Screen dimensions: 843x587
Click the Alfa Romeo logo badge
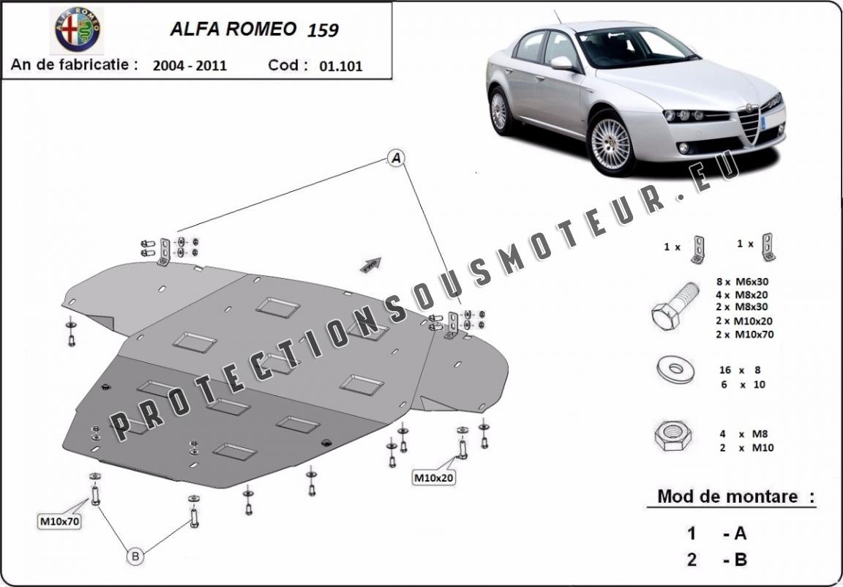pos(78,30)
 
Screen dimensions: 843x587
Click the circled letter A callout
pos(396,158)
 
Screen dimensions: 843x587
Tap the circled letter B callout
pos(135,556)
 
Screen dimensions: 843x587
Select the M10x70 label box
pos(60,521)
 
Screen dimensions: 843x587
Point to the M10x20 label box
pos(434,477)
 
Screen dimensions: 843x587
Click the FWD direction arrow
pos(371,264)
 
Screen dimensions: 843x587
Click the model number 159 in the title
pos(323,30)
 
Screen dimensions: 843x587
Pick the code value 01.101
pos(341,66)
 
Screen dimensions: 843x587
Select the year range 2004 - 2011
pos(190,66)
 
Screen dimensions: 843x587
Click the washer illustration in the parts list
pos(675,370)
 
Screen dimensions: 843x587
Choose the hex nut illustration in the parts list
pos(673,435)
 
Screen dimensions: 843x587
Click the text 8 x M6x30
pos(742,282)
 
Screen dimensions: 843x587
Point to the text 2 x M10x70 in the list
pos(745,334)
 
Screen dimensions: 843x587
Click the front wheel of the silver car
pos(611,143)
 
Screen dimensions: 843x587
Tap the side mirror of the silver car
pos(562,63)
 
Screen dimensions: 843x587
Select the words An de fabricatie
pos(74,65)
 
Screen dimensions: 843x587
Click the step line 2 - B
pos(716,560)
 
